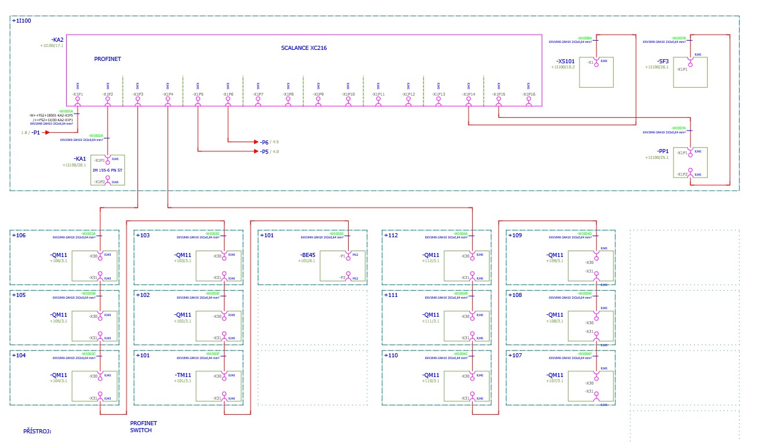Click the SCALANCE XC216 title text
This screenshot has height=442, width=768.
click(x=303, y=48)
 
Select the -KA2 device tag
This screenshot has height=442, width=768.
click(x=57, y=40)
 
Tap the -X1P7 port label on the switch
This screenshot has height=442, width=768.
click(x=258, y=94)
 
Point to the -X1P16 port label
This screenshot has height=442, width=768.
click(x=528, y=94)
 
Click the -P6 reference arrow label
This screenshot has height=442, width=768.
click(x=265, y=142)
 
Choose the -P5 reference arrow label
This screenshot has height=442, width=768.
click(x=265, y=151)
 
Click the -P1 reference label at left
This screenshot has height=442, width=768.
click(x=35, y=133)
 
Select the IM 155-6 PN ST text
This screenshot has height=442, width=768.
click(x=108, y=171)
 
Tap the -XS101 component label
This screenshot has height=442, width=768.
click(x=565, y=61)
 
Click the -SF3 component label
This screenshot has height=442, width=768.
click(x=662, y=61)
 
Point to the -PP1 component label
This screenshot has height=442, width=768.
click(x=662, y=151)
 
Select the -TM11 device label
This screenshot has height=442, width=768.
click(x=183, y=375)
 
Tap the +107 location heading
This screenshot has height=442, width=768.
click(x=515, y=355)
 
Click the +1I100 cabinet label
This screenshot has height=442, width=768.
click(x=21, y=21)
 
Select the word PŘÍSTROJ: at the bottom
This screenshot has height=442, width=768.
click(x=37, y=432)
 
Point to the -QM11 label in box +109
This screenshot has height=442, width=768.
click(x=555, y=255)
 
